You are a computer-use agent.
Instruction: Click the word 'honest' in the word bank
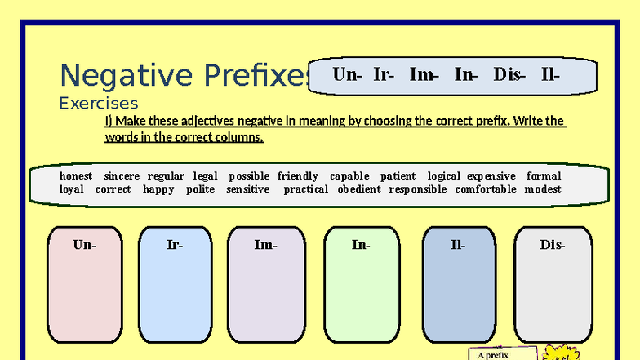[76, 176]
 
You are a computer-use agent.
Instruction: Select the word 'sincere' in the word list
[122, 176]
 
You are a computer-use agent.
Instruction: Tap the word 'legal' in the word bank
[206, 176]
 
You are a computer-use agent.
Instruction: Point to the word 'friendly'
[298, 176]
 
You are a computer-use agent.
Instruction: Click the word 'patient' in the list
[398, 176]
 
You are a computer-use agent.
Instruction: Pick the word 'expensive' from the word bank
[491, 176]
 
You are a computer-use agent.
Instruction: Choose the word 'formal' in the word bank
[544, 176]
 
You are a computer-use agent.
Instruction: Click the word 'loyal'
[72, 189]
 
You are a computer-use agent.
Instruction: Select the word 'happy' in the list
[158, 189]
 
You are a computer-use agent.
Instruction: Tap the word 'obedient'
[359, 189]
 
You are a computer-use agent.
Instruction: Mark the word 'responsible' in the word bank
[418, 189]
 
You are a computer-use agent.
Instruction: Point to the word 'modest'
[543, 189]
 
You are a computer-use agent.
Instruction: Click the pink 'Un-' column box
[84, 286]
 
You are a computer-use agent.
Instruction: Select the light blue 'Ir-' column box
[175, 286]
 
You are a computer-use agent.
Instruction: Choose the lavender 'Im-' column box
[265, 286]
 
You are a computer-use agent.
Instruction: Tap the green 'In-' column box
[361, 286]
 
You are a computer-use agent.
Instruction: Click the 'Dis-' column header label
[552, 244]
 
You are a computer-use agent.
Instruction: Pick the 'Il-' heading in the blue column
[458, 244]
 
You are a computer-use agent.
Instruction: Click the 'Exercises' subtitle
[99, 104]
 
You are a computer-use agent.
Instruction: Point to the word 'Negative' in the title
[115, 76]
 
